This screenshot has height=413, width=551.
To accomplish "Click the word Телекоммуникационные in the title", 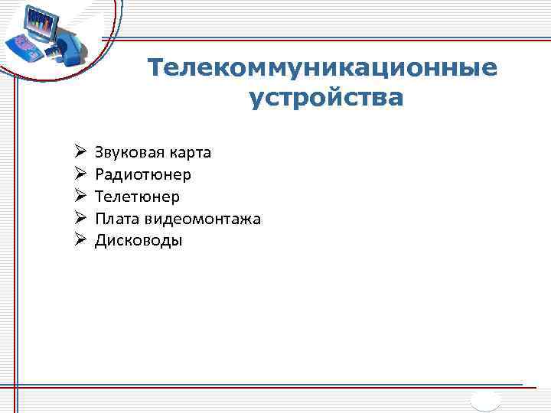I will tap(322, 68).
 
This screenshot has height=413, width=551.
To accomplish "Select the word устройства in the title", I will tap(325, 99).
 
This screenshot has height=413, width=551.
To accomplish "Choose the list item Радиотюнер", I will tap(143, 174).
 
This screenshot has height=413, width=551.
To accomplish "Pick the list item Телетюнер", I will tap(137, 197).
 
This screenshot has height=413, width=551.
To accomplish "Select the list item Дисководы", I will tap(139, 241).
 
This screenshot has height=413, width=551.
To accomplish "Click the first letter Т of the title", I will tap(155, 68).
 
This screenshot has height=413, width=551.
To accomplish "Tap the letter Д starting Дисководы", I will tap(100, 241).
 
